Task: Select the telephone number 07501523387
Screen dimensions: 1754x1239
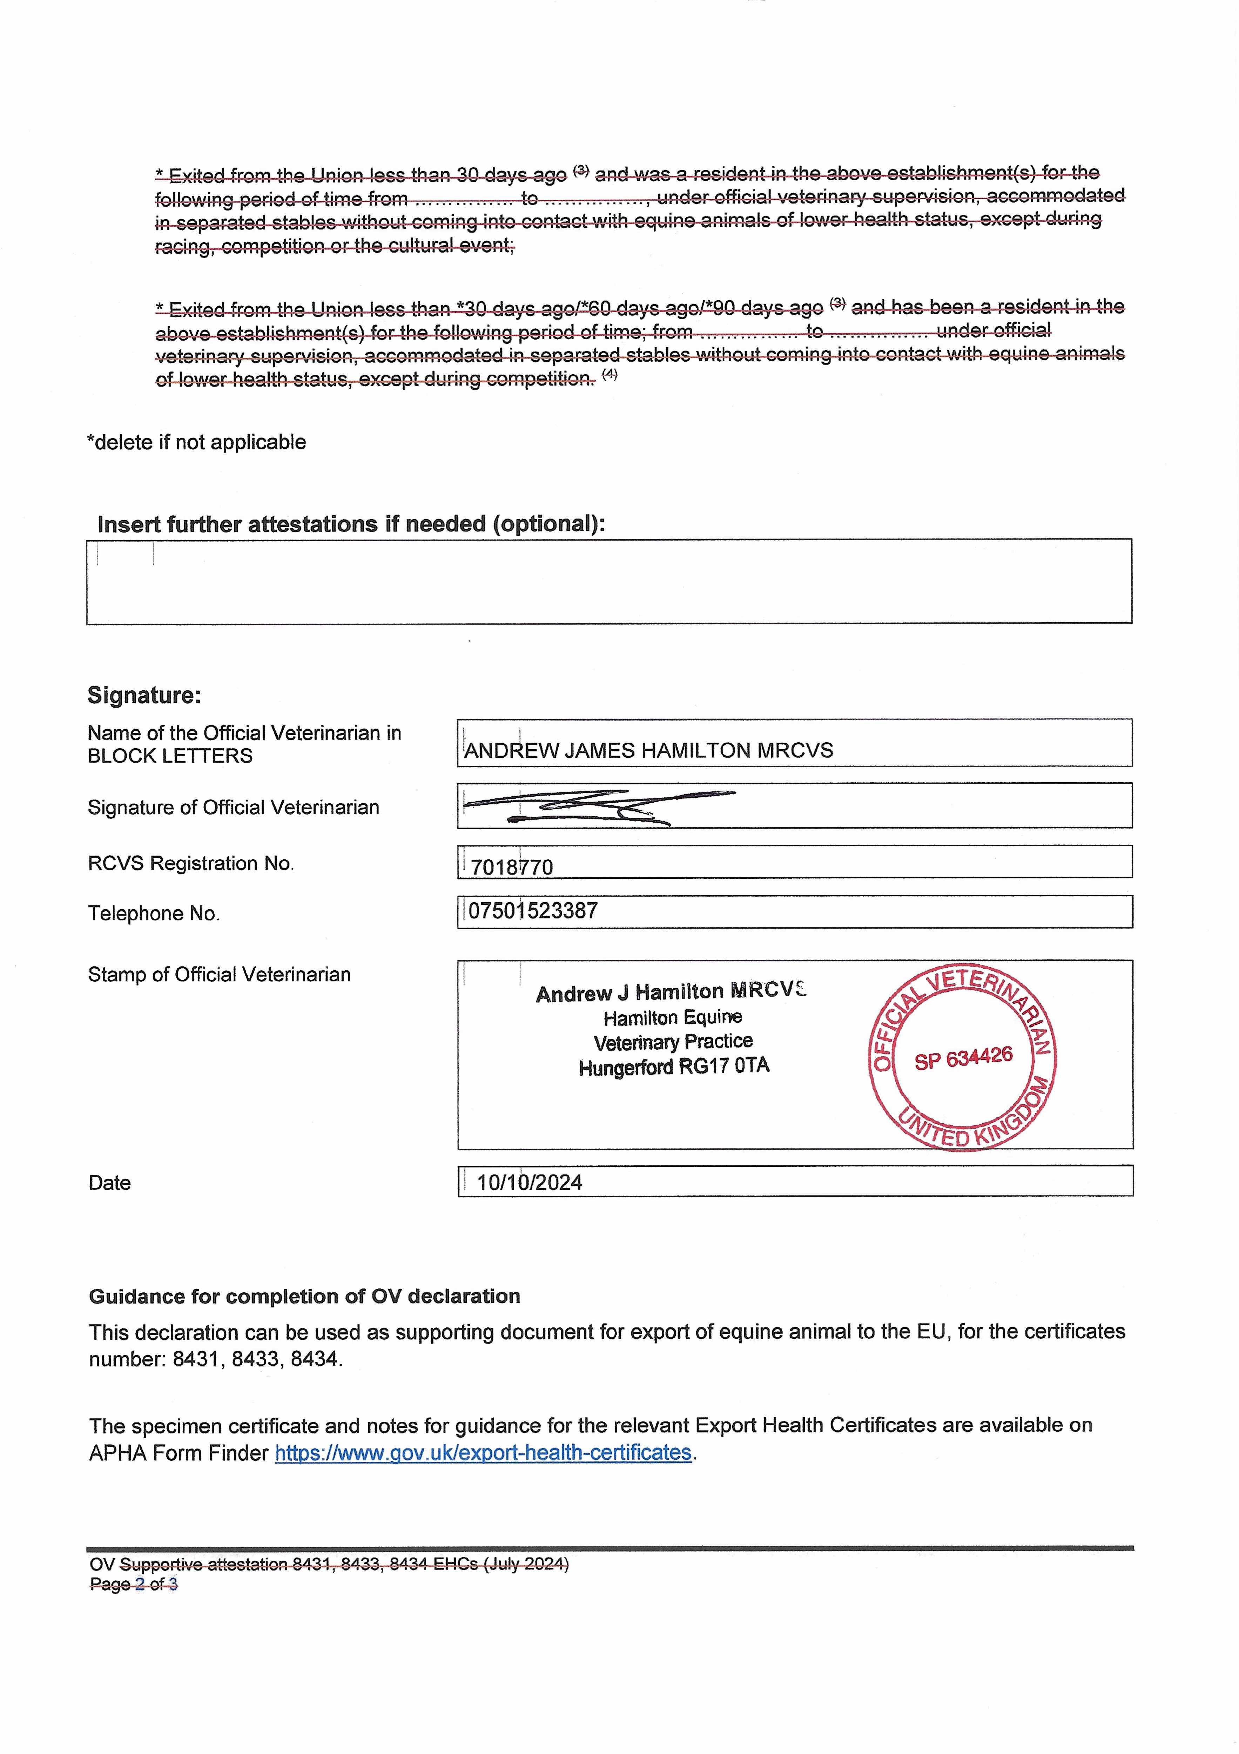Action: (x=532, y=911)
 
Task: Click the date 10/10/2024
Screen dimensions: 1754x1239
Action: (x=529, y=1183)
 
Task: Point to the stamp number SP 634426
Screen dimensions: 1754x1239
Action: (x=963, y=1058)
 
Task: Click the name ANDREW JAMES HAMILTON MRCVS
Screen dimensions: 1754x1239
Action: (x=648, y=750)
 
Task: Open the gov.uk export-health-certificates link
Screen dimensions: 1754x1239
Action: (x=483, y=1452)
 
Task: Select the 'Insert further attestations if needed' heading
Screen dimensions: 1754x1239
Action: (x=351, y=524)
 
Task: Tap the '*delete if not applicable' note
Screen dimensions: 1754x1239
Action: (x=196, y=442)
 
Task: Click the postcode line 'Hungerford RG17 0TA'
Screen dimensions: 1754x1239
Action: (x=674, y=1066)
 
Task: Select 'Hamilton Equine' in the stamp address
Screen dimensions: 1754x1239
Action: (x=672, y=1018)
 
